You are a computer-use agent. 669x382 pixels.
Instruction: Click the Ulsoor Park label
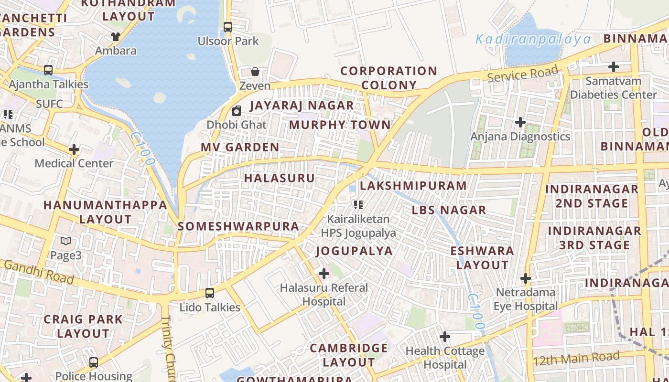[228, 42]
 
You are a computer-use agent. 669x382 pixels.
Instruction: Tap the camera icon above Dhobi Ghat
[237, 111]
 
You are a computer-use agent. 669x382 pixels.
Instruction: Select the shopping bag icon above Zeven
[255, 72]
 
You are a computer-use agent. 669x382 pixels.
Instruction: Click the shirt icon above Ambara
[115, 36]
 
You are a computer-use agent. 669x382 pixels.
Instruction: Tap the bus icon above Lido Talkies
[209, 293]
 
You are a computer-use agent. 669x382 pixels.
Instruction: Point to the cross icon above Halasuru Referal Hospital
[324, 274]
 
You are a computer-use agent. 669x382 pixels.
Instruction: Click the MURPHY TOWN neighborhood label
[340, 125]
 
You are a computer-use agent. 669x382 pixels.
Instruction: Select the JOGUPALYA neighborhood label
[354, 251]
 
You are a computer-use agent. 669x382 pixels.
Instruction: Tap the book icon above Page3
[66, 242]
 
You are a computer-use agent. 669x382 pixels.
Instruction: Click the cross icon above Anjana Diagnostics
[520, 123]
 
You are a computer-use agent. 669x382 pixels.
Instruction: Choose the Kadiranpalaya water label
[533, 39]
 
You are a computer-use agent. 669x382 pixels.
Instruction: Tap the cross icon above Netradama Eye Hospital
[526, 278]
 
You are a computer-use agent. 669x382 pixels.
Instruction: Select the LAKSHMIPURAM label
[413, 186]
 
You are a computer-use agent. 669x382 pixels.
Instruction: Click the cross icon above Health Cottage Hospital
[445, 337]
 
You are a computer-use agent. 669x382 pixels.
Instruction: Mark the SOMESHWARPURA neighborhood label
[238, 226]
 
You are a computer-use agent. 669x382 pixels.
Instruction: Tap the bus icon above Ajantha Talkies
[48, 70]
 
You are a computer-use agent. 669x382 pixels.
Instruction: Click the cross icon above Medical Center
[74, 149]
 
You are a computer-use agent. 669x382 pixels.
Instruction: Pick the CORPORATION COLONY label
[388, 78]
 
